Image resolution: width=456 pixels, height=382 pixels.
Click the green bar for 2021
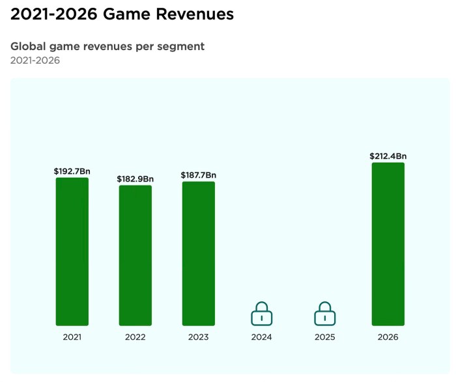72,251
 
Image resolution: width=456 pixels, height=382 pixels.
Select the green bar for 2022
135,255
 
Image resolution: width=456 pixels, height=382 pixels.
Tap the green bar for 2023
198,253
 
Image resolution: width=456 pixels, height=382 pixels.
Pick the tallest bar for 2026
388,244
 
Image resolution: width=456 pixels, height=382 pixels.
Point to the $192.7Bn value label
72,171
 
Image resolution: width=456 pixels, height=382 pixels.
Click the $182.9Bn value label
135,179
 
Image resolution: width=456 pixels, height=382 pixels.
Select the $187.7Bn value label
198,175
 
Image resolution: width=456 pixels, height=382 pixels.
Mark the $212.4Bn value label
388,156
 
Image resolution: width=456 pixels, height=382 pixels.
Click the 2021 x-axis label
72,337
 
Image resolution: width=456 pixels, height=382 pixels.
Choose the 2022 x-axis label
135,337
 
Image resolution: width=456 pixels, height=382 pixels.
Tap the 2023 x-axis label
198,337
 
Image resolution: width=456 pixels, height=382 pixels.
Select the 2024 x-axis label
261,337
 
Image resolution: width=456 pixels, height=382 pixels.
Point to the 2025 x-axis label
324,337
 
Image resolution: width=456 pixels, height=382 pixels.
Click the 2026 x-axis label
388,337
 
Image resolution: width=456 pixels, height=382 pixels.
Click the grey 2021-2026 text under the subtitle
35,61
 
